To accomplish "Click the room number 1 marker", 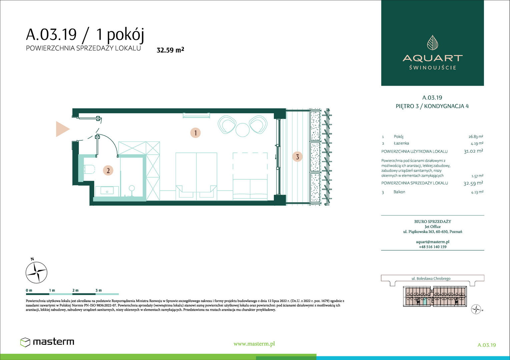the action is coord(195,133).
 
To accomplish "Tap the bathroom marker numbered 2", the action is coord(108,170).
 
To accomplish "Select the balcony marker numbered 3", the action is coord(297,157).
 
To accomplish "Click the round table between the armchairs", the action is coord(242,130).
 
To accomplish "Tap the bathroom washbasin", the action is coord(107,191).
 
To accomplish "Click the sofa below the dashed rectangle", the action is coord(250,190).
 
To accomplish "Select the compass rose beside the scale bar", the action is coord(36,272).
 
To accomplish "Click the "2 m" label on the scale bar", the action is coord(75,290).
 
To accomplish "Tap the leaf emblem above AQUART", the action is coord(433,43).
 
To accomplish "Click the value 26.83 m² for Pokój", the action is coord(476,137).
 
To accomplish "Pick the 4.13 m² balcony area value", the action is coord(477,192).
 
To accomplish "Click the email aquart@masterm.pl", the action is coord(433,242).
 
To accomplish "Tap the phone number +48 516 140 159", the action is coord(433,247).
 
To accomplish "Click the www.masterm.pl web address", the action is coord(254,344).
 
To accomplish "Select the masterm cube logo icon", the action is coord(25,342).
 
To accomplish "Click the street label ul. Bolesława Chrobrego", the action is coord(431,279).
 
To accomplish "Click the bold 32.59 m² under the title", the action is coord(170,50).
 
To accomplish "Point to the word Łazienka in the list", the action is coord(401,143).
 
